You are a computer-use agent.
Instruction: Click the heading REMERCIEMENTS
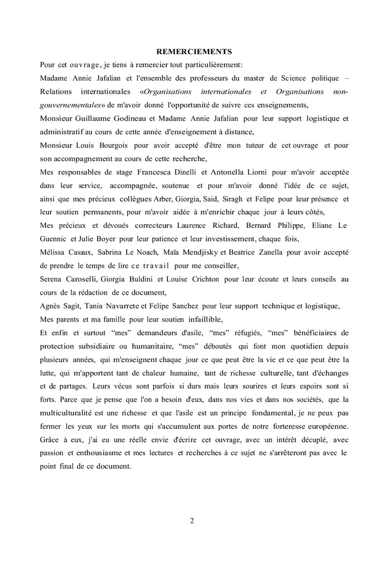coord(194,52)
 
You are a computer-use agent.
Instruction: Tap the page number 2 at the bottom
coord(192,520)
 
